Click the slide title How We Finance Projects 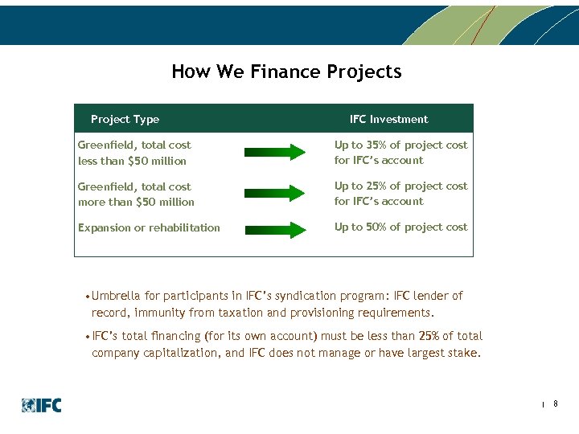click(286, 72)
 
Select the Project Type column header click(125, 119)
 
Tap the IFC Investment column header click(388, 119)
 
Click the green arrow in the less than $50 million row click(274, 152)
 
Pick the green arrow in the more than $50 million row click(274, 193)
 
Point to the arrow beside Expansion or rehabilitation click(274, 228)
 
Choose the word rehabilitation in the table click(183, 228)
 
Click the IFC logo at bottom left click(41, 406)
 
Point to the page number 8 click(556, 403)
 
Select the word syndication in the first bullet click(310, 296)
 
